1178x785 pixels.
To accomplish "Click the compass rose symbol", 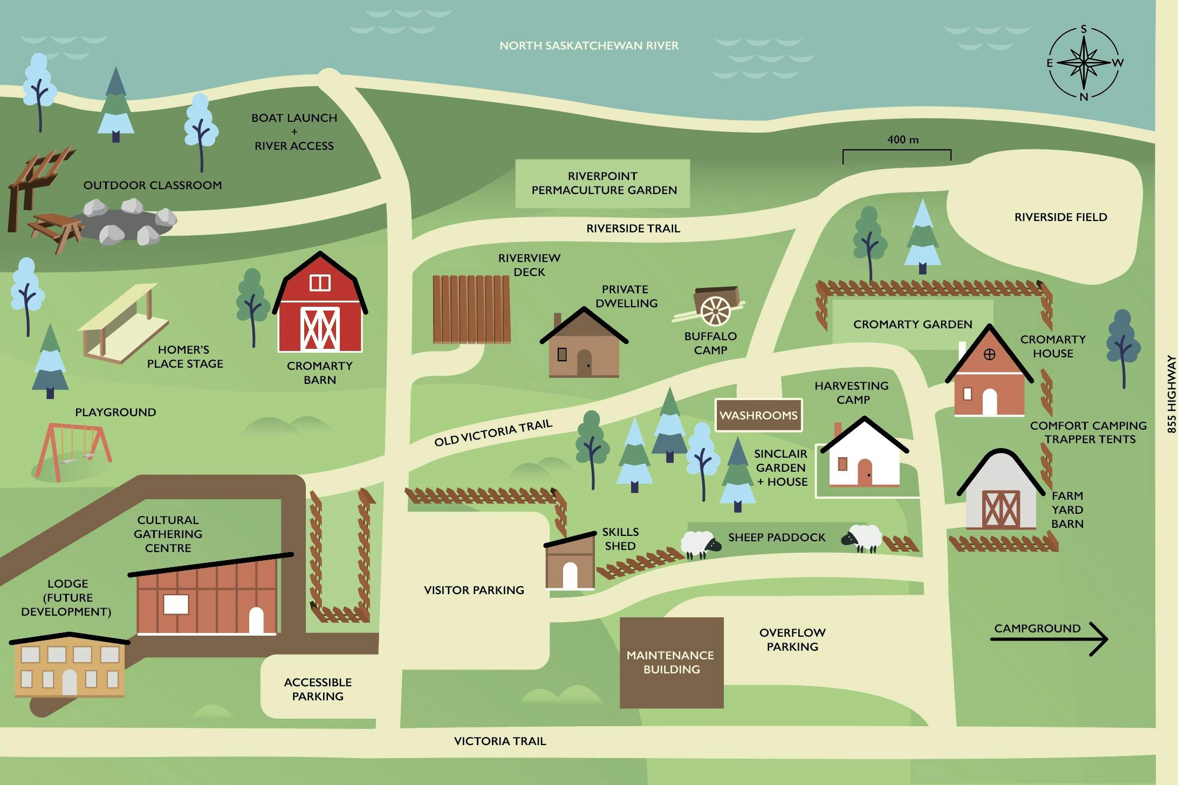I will point(1084,63).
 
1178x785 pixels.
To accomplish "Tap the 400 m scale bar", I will point(896,151).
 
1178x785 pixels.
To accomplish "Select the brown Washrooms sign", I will point(758,415).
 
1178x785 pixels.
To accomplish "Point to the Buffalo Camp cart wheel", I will point(716,311).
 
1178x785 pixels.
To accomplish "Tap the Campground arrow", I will point(1050,639).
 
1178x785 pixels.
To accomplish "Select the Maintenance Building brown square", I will point(671,662).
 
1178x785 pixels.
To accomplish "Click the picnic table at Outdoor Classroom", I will point(56,230).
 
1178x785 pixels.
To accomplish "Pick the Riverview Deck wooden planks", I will point(471,309).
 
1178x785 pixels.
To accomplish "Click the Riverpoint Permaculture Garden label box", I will point(602,183).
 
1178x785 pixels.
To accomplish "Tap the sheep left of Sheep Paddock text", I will point(700,545).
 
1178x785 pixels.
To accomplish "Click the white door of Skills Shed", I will point(570,575).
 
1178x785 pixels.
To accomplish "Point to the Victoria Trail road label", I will point(500,741).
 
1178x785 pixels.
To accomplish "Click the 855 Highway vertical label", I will point(1171,394).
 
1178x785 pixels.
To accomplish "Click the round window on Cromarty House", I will point(989,354).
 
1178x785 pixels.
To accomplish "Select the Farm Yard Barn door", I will point(1001,509).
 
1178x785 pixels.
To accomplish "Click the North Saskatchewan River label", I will point(588,46).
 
